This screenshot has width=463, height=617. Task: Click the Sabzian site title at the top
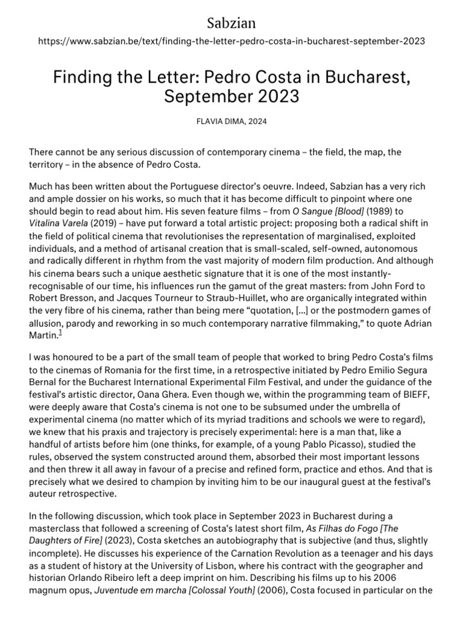231,23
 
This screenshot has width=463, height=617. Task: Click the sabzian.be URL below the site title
231,42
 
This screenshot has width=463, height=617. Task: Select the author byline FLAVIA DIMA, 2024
231,121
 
